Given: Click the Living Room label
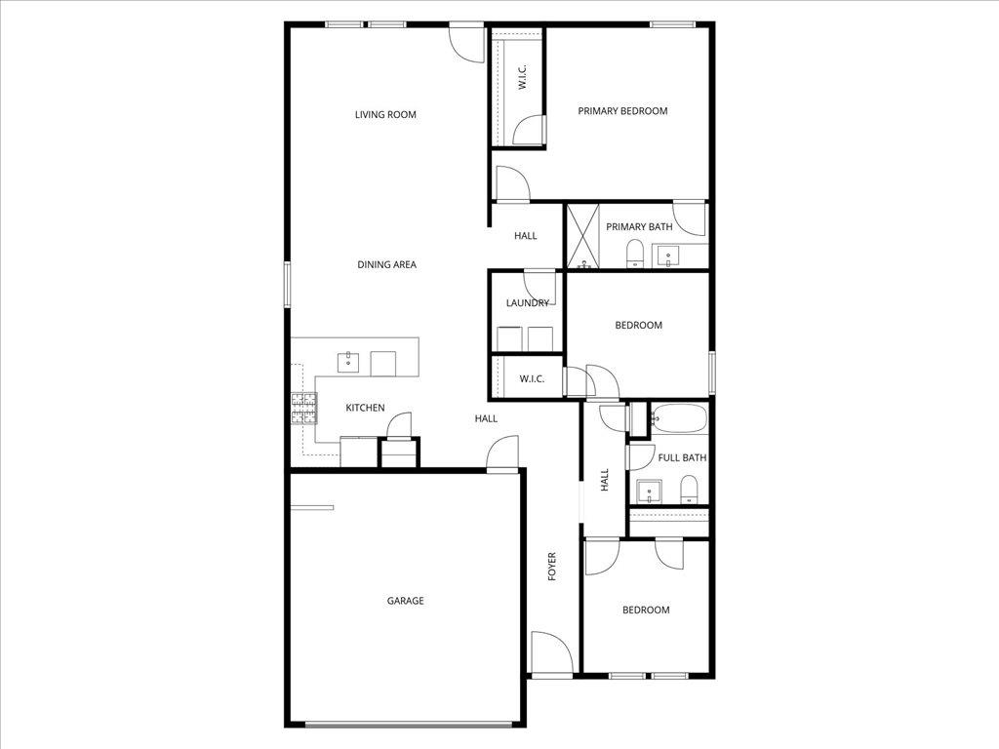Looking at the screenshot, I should [385, 115].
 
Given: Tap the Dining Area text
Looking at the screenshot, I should [386, 264].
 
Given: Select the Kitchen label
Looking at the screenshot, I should [365, 408].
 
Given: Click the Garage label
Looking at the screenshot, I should [405, 601].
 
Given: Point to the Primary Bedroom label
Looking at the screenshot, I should [622, 111].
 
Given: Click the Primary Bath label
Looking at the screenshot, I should [639, 227].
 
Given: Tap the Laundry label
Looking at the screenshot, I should [527, 303].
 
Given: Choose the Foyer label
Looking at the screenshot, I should [551, 567].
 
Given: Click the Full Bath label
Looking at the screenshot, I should [682, 457].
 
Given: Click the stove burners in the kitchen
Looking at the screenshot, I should [303, 408].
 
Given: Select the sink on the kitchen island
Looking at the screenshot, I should [349, 362].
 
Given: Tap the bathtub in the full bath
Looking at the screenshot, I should [677, 419].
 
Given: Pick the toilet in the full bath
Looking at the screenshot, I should [689, 489].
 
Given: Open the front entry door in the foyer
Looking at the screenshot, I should [548, 652].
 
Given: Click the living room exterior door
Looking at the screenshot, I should [466, 42].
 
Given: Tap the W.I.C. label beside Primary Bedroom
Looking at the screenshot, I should [522, 79].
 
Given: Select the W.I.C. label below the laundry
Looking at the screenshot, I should [532, 378].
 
